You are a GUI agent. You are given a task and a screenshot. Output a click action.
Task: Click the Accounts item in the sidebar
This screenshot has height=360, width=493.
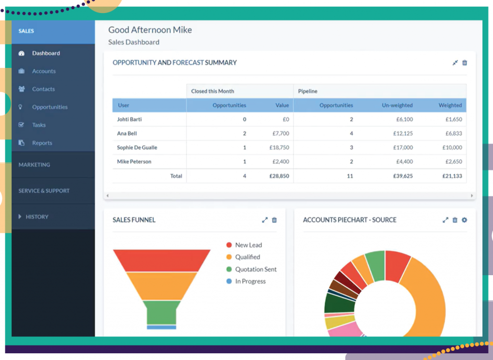coord(43,71)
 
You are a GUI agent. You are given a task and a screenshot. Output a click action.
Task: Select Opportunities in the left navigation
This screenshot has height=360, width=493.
coord(50,107)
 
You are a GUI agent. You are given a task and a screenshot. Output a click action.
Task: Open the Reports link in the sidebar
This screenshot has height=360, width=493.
coord(42,143)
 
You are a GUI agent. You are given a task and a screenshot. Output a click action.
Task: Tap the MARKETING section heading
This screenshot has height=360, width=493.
coord(34,165)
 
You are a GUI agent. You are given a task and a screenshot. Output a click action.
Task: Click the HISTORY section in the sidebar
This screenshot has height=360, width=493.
coord(37,217)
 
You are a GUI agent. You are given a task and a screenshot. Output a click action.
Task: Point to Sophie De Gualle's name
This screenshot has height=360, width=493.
coord(137,147)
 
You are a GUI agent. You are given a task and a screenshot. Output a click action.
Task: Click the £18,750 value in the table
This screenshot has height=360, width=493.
coord(279,147)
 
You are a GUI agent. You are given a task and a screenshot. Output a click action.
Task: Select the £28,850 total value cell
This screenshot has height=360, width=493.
coord(279,176)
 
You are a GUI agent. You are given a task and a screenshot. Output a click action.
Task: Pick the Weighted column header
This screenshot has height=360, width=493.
coord(450,105)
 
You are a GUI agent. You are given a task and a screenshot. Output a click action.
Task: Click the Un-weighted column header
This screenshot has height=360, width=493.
coord(397,105)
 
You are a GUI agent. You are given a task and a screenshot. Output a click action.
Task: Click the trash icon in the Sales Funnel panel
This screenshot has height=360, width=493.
coord(274,220)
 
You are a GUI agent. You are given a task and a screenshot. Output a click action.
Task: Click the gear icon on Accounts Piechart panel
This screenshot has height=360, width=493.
coord(465,220)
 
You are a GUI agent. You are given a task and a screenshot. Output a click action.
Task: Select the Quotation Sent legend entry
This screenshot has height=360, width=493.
coord(256,269)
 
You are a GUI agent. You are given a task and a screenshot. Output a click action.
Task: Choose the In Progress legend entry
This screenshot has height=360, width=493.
coord(250,281)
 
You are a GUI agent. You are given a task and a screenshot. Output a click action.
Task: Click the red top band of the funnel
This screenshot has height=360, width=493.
coord(162,261)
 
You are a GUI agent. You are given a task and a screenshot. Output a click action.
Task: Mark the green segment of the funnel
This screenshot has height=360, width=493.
coord(162,312)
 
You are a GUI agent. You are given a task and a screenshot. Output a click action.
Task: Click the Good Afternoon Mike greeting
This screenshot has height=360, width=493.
coord(150,30)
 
